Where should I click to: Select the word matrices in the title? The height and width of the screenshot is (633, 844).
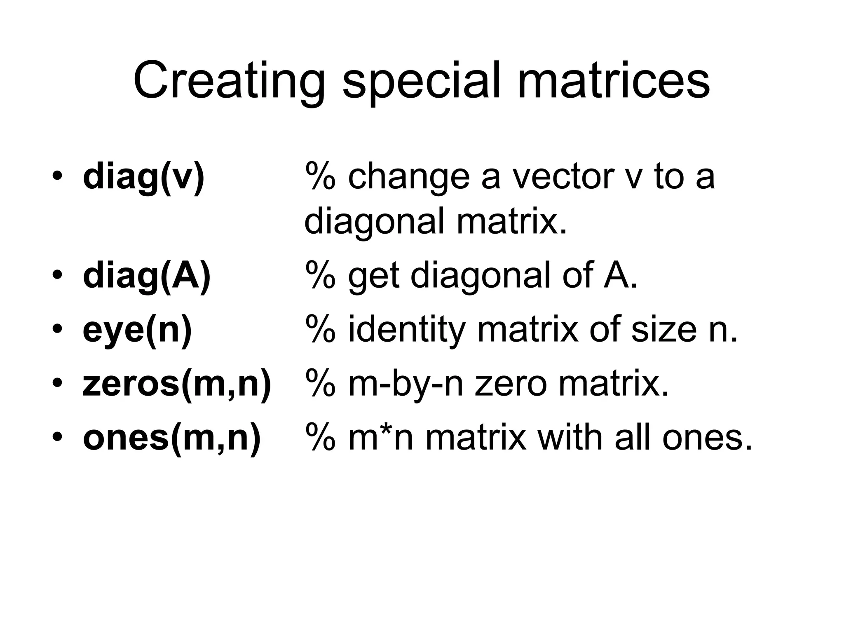[x=613, y=81]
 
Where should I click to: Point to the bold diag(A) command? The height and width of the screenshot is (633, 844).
[x=147, y=276]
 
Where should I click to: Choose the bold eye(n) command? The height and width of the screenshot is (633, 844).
[x=138, y=330]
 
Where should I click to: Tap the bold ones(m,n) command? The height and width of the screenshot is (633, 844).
[x=172, y=438]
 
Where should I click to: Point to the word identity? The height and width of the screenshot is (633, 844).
[x=406, y=330]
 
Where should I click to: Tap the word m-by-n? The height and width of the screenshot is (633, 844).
[x=406, y=385]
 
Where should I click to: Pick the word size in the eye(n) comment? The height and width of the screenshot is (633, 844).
[x=663, y=330]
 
